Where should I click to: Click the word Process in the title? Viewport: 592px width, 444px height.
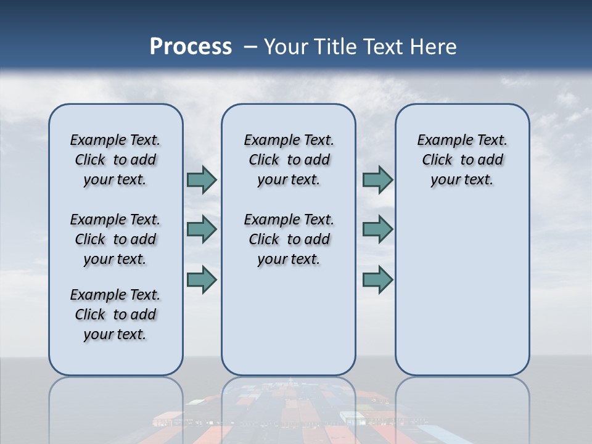[191, 47]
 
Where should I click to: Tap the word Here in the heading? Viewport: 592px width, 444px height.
[434, 47]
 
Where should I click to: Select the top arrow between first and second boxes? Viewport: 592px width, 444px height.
[202, 180]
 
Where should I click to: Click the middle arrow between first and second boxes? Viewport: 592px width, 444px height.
[202, 229]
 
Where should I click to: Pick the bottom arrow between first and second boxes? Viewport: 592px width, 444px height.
[202, 279]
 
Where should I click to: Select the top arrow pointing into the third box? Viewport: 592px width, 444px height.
[377, 180]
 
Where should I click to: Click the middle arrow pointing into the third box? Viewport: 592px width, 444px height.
[377, 229]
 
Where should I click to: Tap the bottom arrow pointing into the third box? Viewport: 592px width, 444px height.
[377, 279]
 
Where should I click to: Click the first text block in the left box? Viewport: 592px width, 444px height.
[115, 160]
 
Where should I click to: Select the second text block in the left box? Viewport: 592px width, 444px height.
[115, 239]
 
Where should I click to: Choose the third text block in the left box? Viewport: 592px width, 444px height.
[115, 314]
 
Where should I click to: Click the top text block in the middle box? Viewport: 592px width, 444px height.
[289, 160]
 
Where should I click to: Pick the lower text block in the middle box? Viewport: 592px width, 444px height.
[289, 239]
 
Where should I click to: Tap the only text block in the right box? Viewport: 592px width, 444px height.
[462, 160]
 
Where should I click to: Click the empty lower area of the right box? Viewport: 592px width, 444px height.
[462, 290]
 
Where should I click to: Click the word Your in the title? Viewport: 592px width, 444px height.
[287, 47]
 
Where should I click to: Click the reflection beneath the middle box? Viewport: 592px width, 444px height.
[289, 407]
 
